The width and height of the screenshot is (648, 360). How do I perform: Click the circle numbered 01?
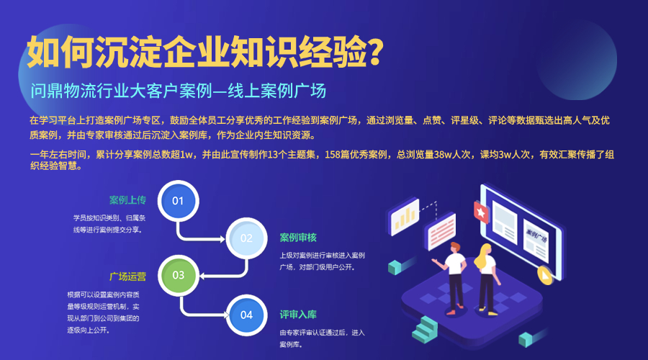point(178,200)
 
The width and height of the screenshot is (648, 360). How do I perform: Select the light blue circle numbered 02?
point(246,238)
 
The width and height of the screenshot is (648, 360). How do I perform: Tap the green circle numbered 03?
point(178,275)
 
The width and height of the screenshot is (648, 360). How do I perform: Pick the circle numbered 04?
point(246,315)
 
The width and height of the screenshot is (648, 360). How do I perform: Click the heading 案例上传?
point(127,199)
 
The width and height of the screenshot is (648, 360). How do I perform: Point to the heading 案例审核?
point(298,238)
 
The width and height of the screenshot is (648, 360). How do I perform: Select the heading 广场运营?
point(127,276)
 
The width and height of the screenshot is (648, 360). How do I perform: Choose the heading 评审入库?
point(298,315)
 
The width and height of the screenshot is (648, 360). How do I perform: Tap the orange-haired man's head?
point(456,246)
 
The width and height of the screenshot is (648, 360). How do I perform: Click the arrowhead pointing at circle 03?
point(202,275)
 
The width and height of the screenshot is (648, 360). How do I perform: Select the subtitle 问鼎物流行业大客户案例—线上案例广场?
point(179,91)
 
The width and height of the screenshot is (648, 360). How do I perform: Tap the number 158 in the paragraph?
point(334,154)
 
